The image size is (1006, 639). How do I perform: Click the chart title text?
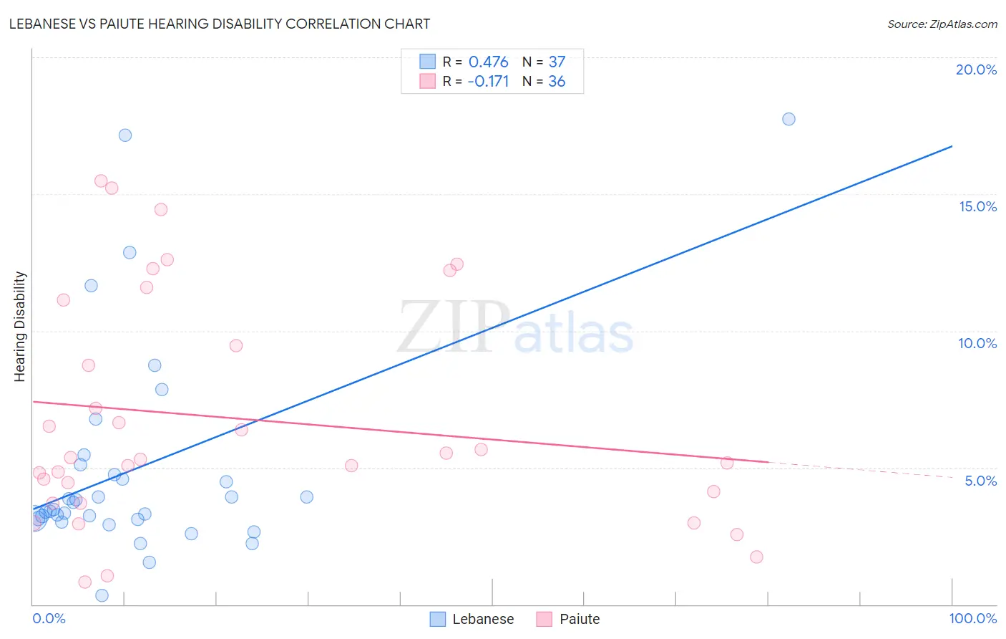coord(220,24)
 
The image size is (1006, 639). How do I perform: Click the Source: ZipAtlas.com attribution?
coord(942,24)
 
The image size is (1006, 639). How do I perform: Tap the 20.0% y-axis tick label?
coord(976,69)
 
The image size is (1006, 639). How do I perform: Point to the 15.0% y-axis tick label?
coord(977,206)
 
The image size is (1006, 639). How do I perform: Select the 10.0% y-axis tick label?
coord(977,343)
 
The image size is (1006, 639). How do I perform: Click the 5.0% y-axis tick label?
coord(980,481)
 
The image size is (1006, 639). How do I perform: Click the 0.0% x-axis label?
coord(49,618)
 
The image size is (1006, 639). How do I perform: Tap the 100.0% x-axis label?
coord(972,618)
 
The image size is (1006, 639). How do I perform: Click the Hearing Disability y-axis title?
coord(20,327)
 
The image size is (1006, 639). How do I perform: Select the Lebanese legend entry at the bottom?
coord(472,619)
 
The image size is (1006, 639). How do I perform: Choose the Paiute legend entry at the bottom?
coord(569,619)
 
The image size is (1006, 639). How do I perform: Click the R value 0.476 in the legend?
coord(488,62)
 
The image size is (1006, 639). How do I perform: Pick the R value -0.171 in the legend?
coord(488,82)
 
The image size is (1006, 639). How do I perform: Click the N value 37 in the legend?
coord(557,62)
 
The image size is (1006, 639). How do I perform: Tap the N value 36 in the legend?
coord(557,82)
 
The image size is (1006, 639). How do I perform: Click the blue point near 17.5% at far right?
coord(788,119)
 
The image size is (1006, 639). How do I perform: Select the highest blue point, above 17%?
coord(125,135)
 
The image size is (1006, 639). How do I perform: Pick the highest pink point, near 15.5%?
coord(101,181)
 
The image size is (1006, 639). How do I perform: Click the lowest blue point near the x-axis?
coord(102,595)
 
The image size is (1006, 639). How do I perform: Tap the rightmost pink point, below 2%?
coord(756,557)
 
